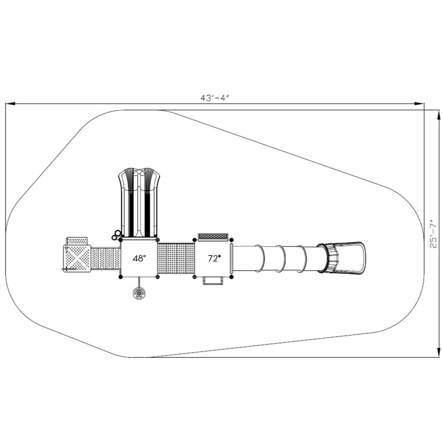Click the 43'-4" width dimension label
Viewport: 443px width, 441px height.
[x=215, y=98]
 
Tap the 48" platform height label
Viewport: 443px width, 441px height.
[x=139, y=258]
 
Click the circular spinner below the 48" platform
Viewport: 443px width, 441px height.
[x=139, y=294]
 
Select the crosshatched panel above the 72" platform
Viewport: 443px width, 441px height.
[x=213, y=236]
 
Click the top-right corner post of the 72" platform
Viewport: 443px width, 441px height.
[x=232, y=239]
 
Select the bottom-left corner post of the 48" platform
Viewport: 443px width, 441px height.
[x=120, y=277]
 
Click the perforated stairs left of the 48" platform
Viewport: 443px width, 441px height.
[x=106, y=258]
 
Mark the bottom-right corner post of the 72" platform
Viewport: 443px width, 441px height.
[x=232, y=277]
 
